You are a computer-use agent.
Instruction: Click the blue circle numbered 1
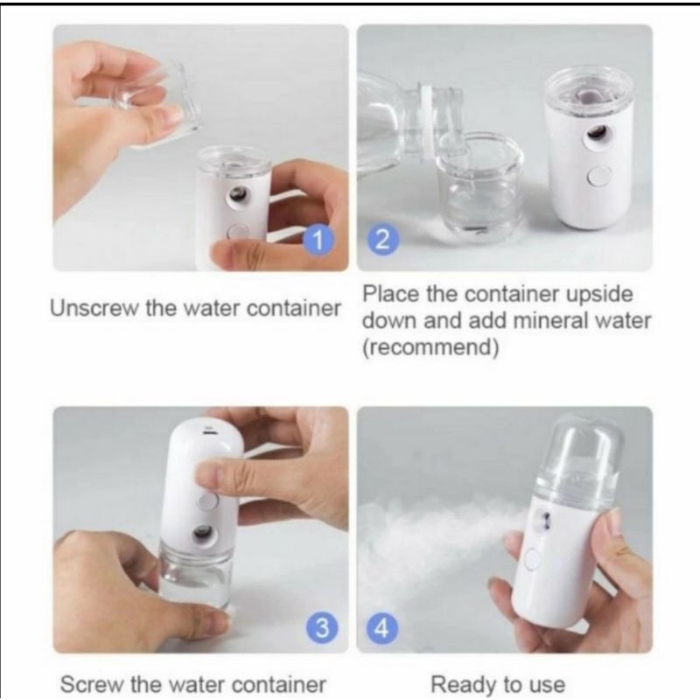pyautogui.click(x=318, y=241)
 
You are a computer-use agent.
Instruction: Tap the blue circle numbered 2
pyautogui.click(x=382, y=241)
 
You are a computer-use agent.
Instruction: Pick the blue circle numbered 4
pyautogui.click(x=381, y=629)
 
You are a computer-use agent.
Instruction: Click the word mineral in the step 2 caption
pyautogui.click(x=550, y=320)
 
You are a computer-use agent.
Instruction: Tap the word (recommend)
pyautogui.click(x=430, y=347)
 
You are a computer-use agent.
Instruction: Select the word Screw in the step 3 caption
pyautogui.click(x=91, y=685)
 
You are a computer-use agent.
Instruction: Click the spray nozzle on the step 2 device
pyautogui.click(x=596, y=132)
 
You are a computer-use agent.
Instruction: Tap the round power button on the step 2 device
pyautogui.click(x=599, y=177)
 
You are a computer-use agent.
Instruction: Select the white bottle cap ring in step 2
pyautogui.click(x=429, y=121)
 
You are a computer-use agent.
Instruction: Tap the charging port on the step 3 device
pyautogui.click(x=208, y=431)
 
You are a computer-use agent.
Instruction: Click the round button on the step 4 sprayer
pyautogui.click(x=532, y=559)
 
